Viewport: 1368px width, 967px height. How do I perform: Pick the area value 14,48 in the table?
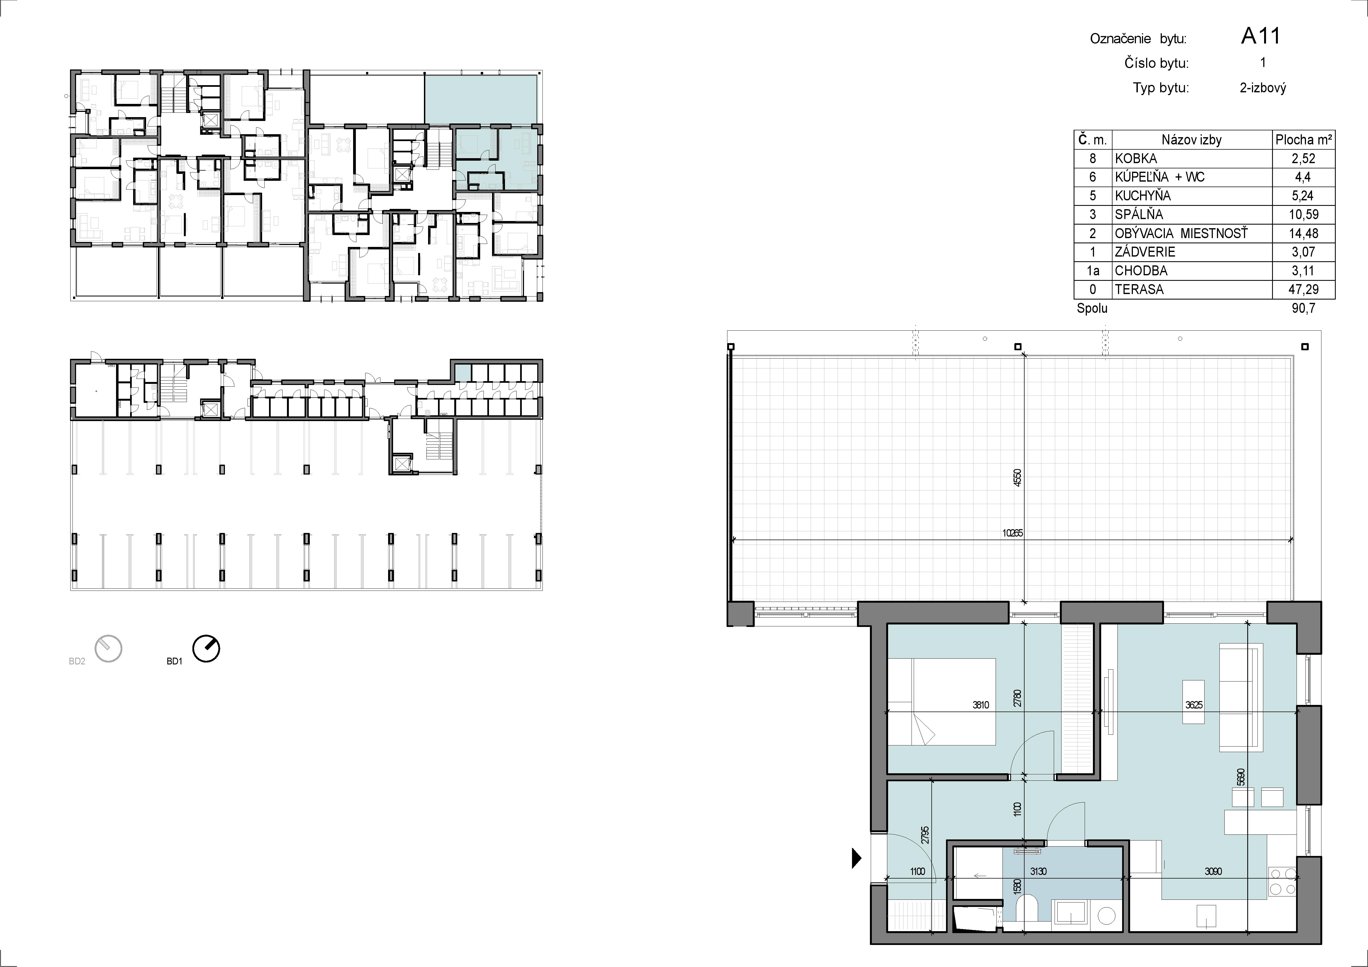1304,234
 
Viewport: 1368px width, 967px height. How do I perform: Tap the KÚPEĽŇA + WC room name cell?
1159,177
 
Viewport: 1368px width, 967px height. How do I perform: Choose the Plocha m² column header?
1304,139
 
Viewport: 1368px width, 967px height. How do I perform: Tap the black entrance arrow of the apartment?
857,858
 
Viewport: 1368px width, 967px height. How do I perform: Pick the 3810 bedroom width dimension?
981,705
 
